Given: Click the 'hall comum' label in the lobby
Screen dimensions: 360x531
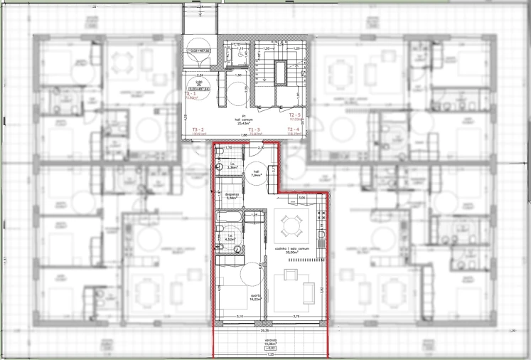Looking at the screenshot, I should pos(242,121).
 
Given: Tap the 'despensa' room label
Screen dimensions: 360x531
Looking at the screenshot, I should pos(230,196).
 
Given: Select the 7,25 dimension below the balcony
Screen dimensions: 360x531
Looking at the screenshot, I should pos(271,354).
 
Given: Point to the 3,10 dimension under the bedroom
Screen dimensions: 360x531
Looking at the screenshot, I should pos(240,316).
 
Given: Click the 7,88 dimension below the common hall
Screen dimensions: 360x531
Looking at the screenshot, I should pos(242,136).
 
